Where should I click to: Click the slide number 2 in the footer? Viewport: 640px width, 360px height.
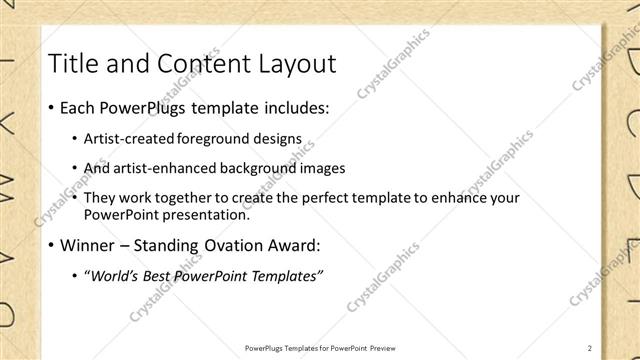pos(590,348)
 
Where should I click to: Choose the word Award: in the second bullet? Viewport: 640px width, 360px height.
pos(325,243)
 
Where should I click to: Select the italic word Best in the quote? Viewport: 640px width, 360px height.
pos(168,275)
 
